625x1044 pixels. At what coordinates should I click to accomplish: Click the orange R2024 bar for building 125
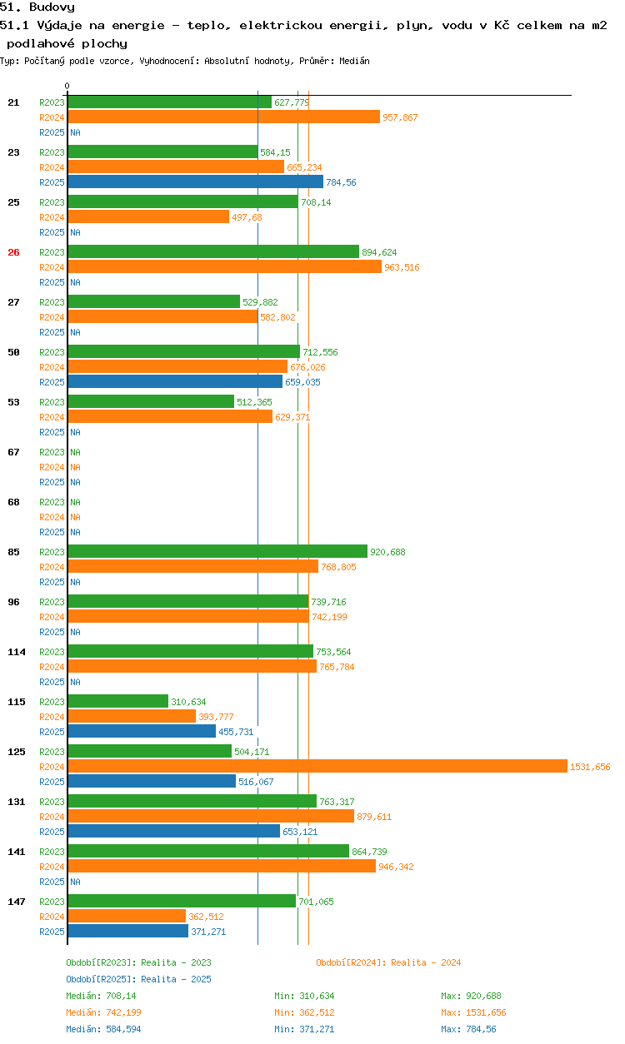pos(317,766)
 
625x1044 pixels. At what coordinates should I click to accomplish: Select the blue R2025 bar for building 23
pos(195,181)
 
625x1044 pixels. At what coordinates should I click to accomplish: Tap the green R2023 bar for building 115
pos(117,701)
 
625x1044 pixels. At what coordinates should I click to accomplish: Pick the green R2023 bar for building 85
pos(217,551)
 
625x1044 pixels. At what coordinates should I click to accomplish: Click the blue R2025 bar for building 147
pos(127,931)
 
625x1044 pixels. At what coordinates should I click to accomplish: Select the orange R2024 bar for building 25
pos(147,216)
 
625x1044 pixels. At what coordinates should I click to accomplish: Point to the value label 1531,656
pos(590,767)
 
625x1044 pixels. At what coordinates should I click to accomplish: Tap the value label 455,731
pos(236,732)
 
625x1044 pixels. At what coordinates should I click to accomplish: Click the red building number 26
pos(13,252)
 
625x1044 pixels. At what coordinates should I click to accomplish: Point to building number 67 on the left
pos(13,452)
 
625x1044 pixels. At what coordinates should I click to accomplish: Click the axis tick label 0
pos(67,86)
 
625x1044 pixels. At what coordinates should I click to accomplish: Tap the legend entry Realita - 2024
pos(388,962)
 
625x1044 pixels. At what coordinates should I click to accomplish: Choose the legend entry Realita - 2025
pos(138,979)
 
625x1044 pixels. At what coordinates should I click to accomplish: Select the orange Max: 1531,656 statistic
pos(473,1012)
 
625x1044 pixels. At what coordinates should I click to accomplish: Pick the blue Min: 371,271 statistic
pos(304,1029)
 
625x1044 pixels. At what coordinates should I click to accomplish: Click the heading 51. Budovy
pos(37,7)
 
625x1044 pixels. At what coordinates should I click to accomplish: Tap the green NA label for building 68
pos(75,502)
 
